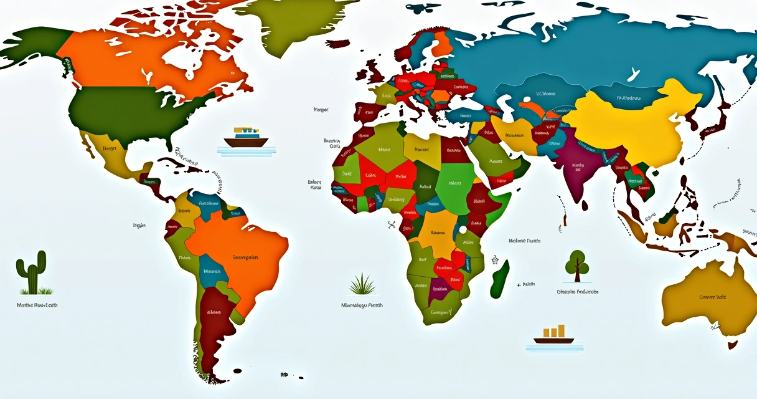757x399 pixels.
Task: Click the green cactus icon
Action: point(32,272)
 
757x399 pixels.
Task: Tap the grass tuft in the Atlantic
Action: point(362,284)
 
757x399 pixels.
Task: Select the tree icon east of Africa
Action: point(577,264)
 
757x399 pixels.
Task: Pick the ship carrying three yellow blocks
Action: point(553,335)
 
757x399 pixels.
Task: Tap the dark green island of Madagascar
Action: point(499,279)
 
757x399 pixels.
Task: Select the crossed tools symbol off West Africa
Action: point(392,224)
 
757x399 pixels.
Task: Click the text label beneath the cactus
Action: point(37,305)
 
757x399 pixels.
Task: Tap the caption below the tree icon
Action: point(578,292)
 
